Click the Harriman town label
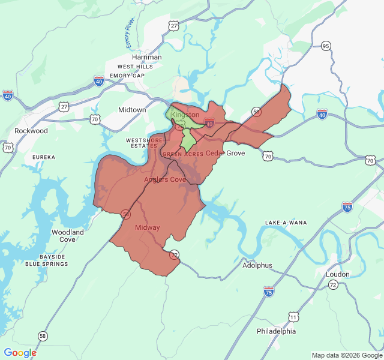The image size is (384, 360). pyautogui.click(x=147, y=57)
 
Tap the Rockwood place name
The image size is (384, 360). pyautogui.click(x=31, y=131)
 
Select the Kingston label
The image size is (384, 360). pyautogui.click(x=185, y=115)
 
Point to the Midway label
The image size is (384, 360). pyautogui.click(x=147, y=227)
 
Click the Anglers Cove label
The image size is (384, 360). pyautogui.click(x=165, y=179)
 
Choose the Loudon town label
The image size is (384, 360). pyautogui.click(x=338, y=274)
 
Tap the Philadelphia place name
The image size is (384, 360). pyautogui.click(x=276, y=331)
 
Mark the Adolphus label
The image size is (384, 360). pyautogui.click(x=257, y=265)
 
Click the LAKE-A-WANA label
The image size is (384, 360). pyautogui.click(x=286, y=223)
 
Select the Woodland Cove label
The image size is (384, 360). pyautogui.click(x=68, y=235)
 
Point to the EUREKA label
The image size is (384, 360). pyautogui.click(x=44, y=157)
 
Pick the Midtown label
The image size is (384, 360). pyautogui.click(x=132, y=110)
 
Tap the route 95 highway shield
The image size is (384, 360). pyautogui.click(x=326, y=46)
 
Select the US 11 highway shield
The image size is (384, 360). pyautogui.click(x=293, y=316)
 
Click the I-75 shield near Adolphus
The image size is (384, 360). pyautogui.click(x=269, y=292)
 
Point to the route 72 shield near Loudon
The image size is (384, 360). pyautogui.click(x=333, y=284)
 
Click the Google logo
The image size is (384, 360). pyautogui.click(x=20, y=353)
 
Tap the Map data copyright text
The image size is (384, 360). pyautogui.click(x=346, y=355)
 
